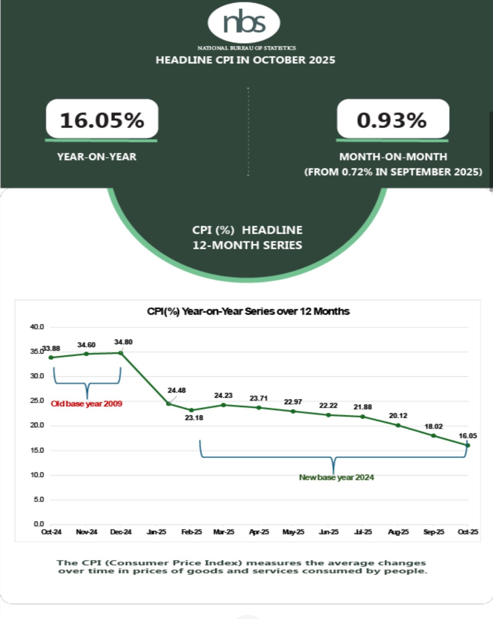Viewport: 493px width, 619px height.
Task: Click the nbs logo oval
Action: [x=244, y=22]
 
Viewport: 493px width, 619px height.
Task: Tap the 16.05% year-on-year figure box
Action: [x=102, y=120]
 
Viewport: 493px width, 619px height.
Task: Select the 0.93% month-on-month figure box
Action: [x=392, y=120]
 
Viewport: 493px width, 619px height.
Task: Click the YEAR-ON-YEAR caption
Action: [x=97, y=157]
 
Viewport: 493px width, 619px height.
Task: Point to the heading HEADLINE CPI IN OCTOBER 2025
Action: [x=245, y=60]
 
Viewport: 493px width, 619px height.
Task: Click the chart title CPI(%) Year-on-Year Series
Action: [x=248, y=312]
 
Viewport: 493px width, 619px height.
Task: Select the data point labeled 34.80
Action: [x=121, y=353]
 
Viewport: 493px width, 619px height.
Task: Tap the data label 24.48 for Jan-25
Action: [x=176, y=390]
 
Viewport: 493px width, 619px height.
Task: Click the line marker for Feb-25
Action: [x=191, y=410]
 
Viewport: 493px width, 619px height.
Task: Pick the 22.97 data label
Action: [x=293, y=402]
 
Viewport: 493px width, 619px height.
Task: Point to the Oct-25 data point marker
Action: [x=468, y=446]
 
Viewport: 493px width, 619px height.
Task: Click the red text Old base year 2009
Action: [x=87, y=404]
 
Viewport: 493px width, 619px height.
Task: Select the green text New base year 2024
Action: [x=336, y=477]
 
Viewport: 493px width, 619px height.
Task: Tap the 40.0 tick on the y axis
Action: [x=37, y=327]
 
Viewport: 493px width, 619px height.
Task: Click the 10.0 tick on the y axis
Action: [x=37, y=475]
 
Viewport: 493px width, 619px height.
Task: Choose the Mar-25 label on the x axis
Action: [x=224, y=532]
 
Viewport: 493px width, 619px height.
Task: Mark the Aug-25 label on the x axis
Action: [x=398, y=532]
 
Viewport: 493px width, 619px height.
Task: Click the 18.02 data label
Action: [x=433, y=426]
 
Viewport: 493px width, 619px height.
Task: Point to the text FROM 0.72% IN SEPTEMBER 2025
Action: [x=393, y=172]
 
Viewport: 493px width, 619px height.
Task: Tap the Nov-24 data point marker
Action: [x=86, y=354]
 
